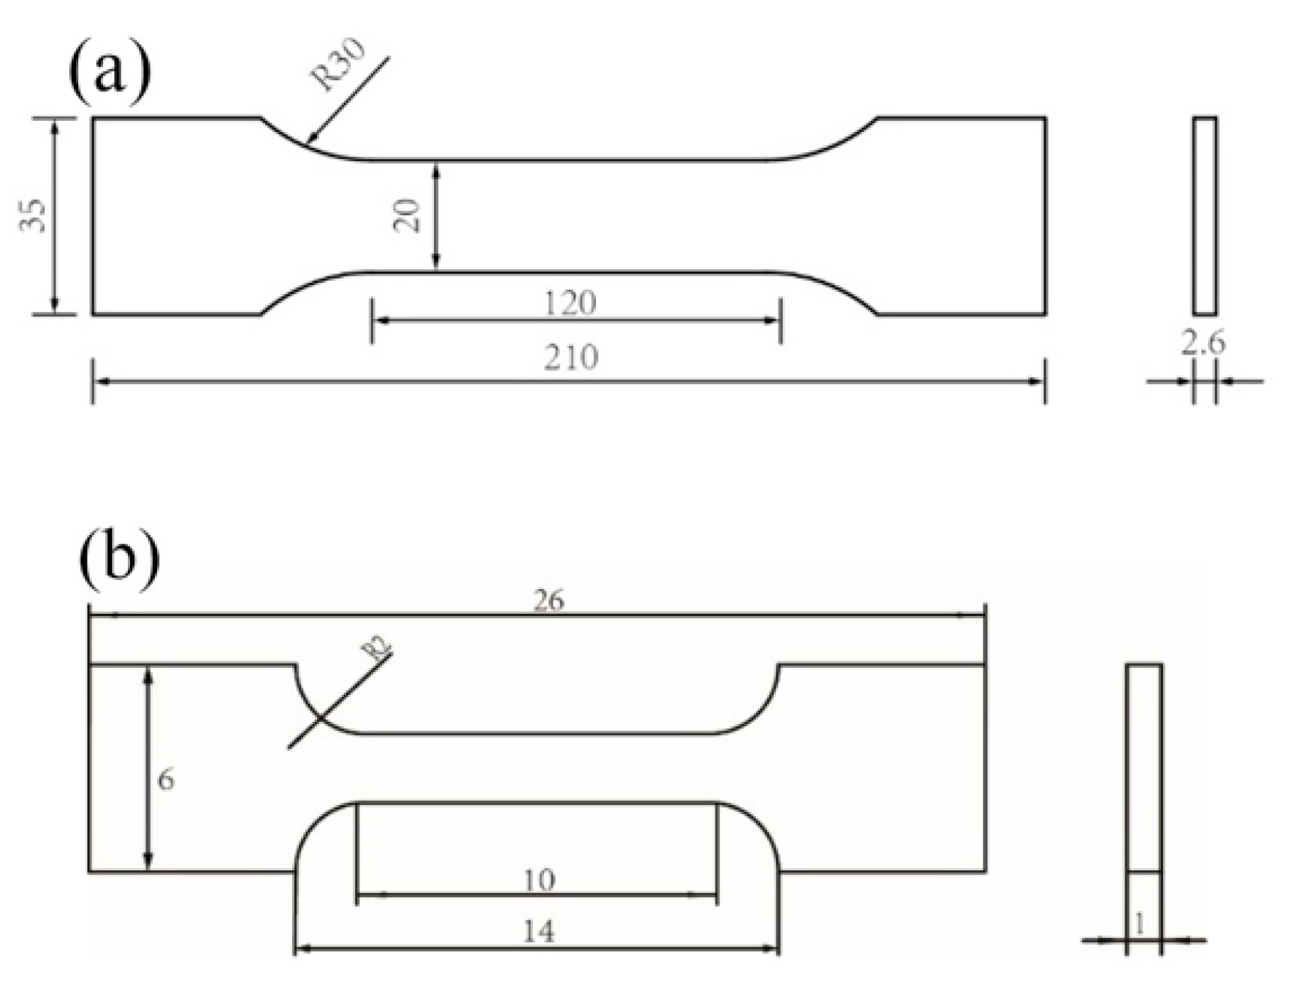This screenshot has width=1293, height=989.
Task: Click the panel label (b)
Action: (x=118, y=559)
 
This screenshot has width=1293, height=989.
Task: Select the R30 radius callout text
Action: (x=340, y=65)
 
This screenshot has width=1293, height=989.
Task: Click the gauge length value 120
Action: (x=570, y=304)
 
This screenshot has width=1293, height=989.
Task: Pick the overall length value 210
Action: (x=571, y=357)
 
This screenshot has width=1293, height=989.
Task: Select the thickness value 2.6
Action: (x=1203, y=344)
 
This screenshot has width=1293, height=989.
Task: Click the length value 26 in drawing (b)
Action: (x=548, y=602)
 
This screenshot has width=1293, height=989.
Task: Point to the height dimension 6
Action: (x=166, y=780)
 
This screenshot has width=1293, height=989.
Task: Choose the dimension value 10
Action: (x=539, y=881)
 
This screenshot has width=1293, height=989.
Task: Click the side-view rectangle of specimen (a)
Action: (x=1204, y=215)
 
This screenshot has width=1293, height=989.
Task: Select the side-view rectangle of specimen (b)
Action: (x=1144, y=767)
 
